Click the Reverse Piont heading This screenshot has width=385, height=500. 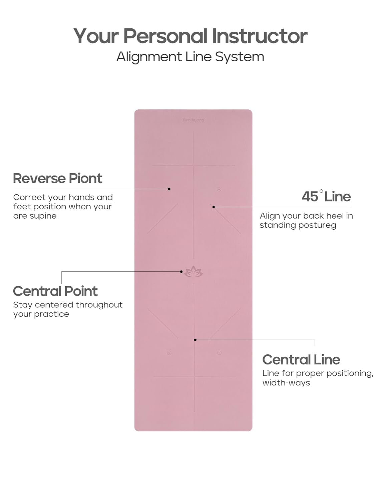[x=57, y=179]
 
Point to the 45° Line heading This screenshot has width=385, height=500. [x=326, y=197]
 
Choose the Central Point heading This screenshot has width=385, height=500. [x=55, y=291]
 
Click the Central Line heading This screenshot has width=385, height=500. [x=301, y=360]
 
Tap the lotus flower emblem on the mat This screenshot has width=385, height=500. [x=194, y=272]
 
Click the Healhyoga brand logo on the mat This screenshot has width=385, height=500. [x=193, y=120]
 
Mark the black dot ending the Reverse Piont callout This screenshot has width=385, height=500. [x=169, y=189]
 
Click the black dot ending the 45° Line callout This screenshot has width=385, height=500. [x=214, y=207]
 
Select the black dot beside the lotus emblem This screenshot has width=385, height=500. [x=181, y=272]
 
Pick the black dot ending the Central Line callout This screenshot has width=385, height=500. [x=195, y=340]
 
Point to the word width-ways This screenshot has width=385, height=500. [x=286, y=383]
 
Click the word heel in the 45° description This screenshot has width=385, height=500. [x=335, y=216]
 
